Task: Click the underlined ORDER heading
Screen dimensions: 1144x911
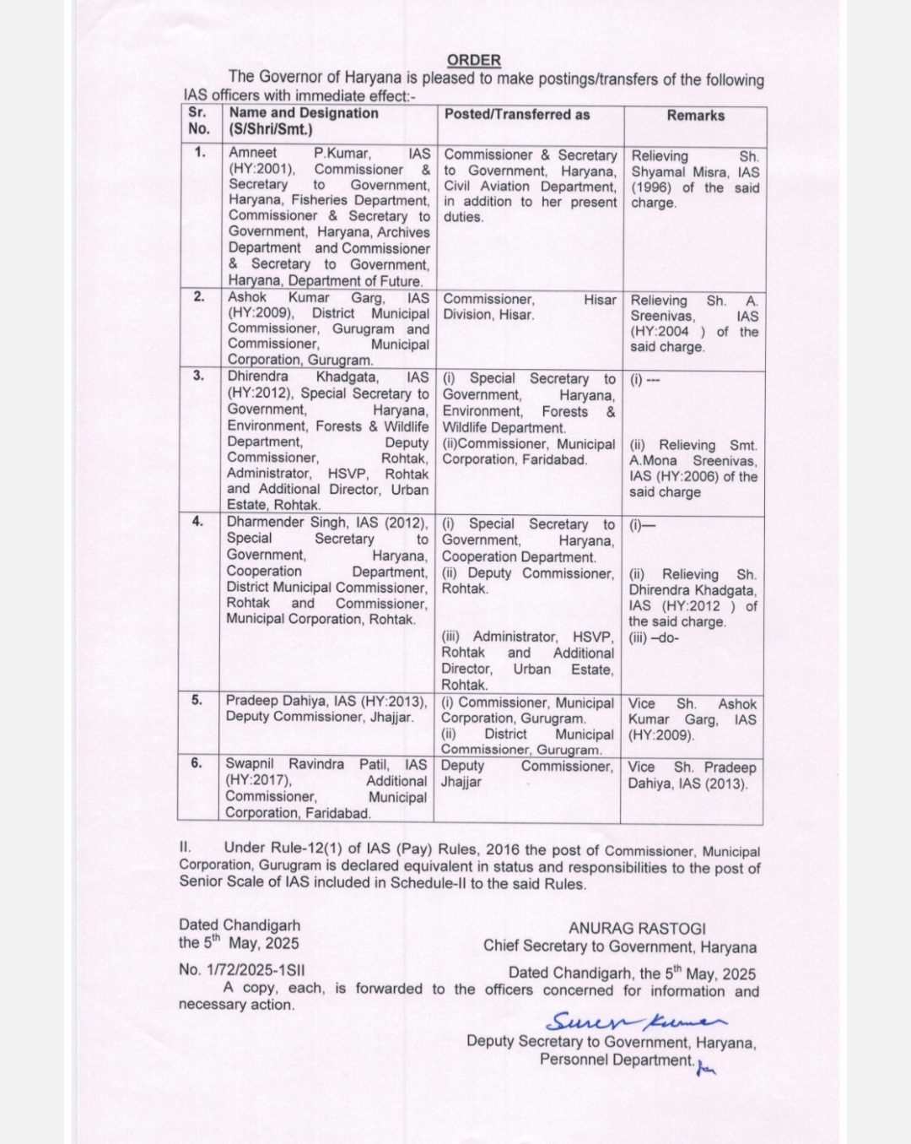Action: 473,60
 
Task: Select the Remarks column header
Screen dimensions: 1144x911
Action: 695,116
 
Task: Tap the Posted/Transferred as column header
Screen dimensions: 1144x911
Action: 517,114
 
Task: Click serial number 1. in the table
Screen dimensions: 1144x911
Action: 199,152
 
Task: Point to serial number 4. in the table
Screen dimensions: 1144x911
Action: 197,521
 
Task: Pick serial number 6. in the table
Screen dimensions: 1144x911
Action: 197,762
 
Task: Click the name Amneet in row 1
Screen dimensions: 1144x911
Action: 252,153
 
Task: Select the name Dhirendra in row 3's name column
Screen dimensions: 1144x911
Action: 258,377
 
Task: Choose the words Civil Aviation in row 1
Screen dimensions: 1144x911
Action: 488,187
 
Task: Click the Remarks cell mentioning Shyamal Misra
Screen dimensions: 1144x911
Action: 694,179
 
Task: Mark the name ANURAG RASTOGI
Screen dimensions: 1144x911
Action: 637,928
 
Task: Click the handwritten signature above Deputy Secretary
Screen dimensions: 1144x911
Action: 632,1021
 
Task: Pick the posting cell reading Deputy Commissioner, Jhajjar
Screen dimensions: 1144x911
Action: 526,773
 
